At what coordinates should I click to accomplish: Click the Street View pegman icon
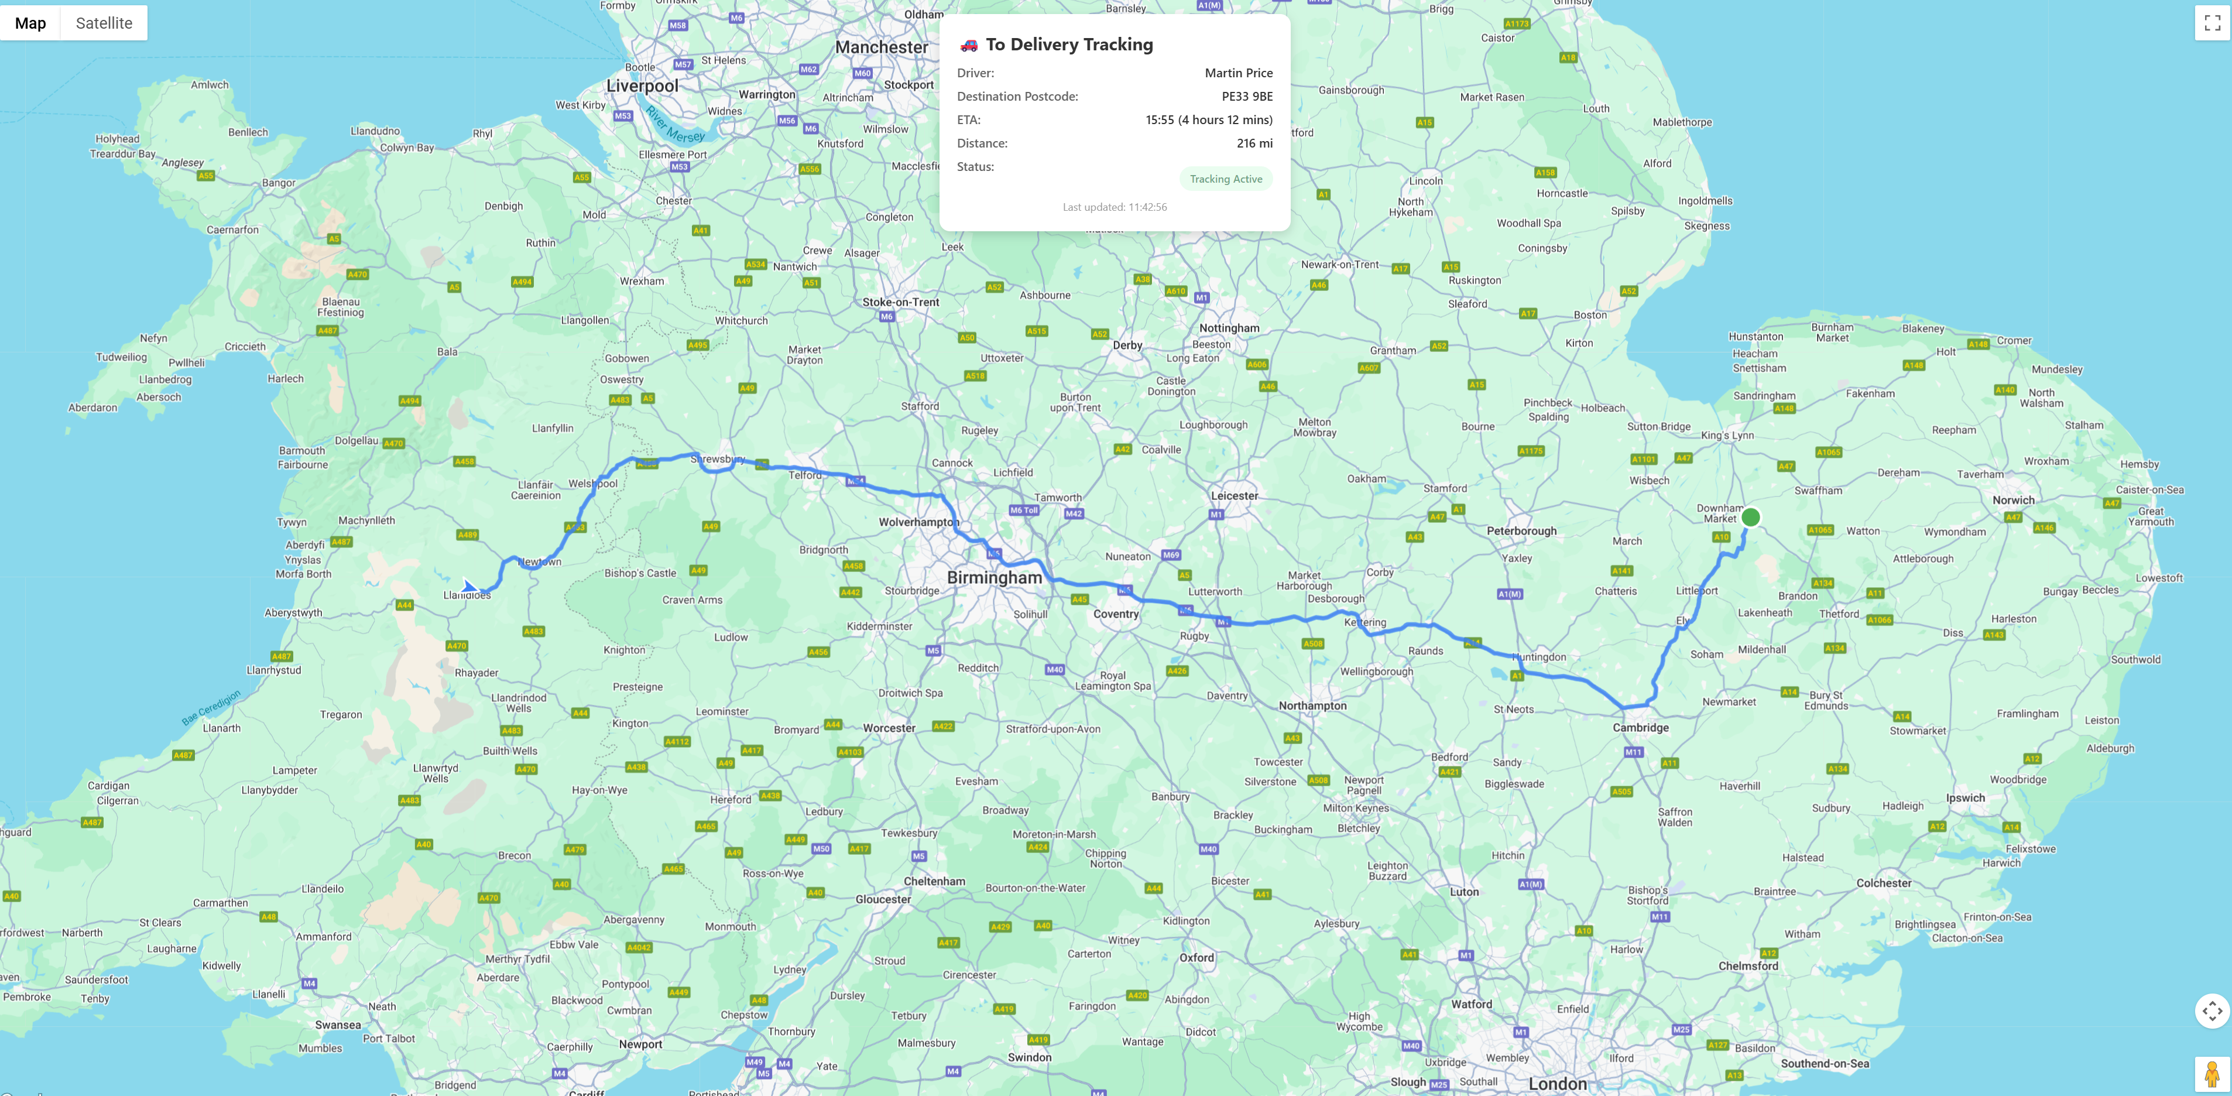[2212, 1074]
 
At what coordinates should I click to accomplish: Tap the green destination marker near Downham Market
[1750, 517]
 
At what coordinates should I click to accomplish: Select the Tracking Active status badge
[1225, 179]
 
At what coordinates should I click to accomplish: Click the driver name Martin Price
[1238, 73]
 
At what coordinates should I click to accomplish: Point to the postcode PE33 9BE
[1247, 96]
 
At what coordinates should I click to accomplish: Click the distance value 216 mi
[1254, 143]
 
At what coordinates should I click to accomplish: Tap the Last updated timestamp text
[1115, 207]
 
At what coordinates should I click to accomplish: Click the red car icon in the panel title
[969, 45]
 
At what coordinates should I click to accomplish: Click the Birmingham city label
[994, 577]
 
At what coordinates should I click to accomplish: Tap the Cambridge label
[1640, 728]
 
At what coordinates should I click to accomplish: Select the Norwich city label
[2013, 500]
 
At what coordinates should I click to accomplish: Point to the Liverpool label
[642, 86]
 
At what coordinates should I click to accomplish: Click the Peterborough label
[1521, 531]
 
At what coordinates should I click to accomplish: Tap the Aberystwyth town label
[293, 612]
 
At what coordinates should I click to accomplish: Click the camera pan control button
[2212, 1010]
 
